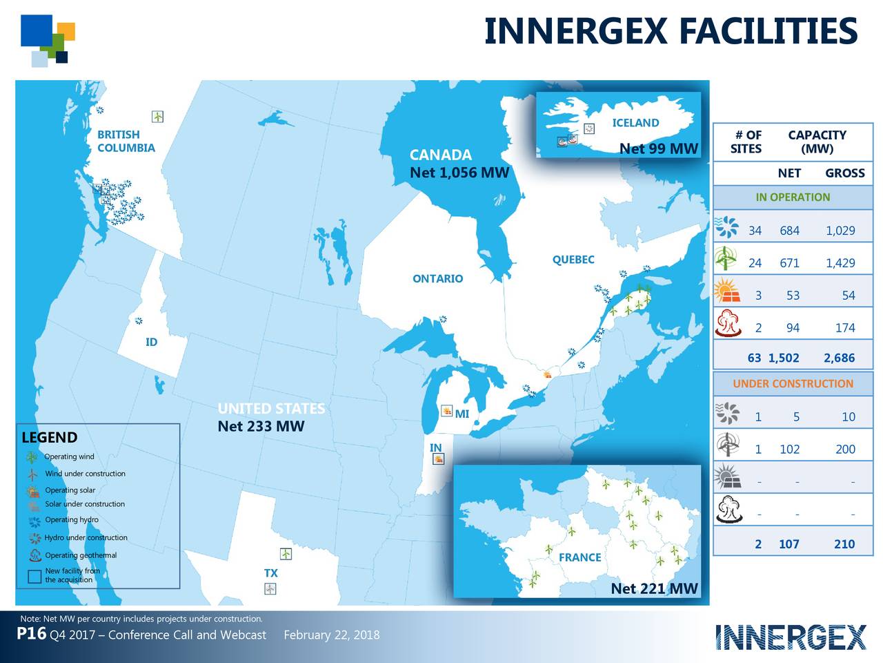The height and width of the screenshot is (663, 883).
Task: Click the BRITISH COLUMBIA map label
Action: tap(126, 141)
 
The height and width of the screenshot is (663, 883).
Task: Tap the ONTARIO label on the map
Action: tap(437, 278)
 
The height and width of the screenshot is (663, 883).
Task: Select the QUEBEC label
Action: tap(573, 260)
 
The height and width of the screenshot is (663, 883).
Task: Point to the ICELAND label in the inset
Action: tap(635, 123)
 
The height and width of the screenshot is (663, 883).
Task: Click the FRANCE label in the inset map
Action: tap(579, 557)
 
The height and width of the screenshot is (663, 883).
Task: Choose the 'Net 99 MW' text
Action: tap(658, 148)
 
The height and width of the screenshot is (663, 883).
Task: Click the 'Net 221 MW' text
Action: tap(654, 588)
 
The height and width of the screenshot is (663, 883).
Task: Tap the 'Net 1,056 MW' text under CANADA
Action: tap(459, 173)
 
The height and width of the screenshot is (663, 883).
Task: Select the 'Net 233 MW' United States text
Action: tap(261, 426)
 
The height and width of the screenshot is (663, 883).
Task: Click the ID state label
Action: tap(151, 343)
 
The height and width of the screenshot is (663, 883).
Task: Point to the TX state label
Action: tap(270, 573)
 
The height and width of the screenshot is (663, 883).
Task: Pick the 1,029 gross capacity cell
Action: tap(840, 231)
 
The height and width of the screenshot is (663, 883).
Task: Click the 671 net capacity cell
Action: tap(789, 263)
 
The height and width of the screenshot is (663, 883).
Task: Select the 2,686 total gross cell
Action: tap(839, 358)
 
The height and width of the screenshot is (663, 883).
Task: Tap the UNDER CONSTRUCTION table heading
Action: tap(793, 383)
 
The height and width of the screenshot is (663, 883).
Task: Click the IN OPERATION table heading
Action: tap(793, 197)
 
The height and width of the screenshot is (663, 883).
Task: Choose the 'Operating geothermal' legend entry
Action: tap(81, 555)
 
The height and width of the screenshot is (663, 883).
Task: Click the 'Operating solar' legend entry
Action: tap(70, 490)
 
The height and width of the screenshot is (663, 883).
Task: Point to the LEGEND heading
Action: tap(49, 438)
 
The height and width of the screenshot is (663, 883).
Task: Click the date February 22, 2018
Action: tap(331, 635)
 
